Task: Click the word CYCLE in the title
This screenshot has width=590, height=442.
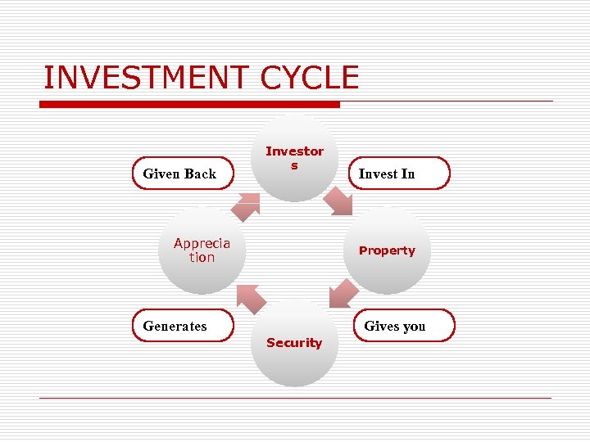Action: coord(309,78)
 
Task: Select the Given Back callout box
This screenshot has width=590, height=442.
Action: coord(183,174)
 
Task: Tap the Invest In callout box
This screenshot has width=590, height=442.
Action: coord(398,174)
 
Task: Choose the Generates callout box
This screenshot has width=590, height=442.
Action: coord(183,326)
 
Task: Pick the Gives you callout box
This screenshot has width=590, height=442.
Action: coord(403,326)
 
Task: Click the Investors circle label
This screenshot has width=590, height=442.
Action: coord(294,158)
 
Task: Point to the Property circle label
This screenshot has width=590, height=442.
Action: coord(387,250)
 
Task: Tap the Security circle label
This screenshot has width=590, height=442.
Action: coord(294,343)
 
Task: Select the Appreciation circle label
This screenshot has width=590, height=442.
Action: coord(202,250)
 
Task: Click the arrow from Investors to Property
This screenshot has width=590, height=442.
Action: coord(338,201)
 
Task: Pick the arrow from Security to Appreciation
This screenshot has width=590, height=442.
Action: coord(251,299)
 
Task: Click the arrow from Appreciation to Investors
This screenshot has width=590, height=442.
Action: coord(244,206)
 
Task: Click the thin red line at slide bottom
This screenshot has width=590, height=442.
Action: coord(295,398)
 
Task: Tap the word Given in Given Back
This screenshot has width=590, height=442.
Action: coord(161,174)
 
